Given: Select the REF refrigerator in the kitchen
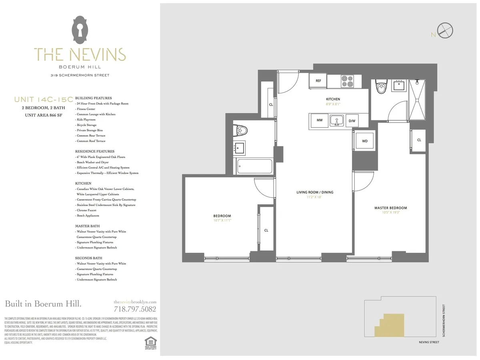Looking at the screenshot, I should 318,81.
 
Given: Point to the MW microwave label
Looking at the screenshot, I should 320,120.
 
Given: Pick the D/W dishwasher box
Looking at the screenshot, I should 352,120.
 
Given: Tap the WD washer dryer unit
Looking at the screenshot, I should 364,141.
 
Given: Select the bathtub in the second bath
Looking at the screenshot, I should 254,166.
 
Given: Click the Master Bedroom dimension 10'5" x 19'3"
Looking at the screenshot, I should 390,212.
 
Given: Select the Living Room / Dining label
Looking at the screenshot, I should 315,192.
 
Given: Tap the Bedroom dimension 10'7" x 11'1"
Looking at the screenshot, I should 222,220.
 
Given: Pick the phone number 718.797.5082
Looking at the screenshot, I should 135,309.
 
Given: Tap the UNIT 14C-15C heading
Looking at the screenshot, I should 43,99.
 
